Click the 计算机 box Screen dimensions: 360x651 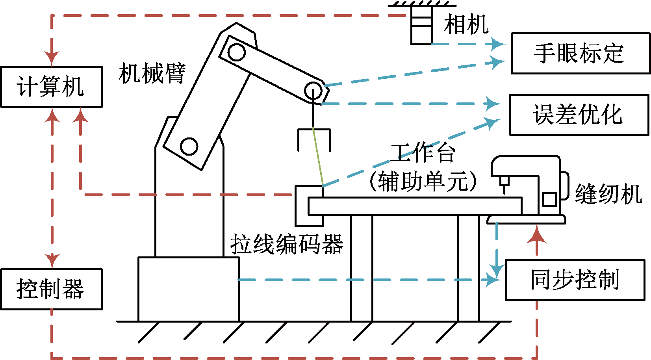point(51,87)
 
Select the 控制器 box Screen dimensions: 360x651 point(51,289)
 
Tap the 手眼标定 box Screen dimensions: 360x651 point(580,53)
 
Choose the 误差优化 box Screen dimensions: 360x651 point(579,115)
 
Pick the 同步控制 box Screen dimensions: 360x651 point(575,280)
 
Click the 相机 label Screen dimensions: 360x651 point(466,24)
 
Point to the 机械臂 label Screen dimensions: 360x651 point(152,73)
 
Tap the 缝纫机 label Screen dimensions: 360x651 point(608,194)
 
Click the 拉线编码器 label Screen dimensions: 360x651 point(287,244)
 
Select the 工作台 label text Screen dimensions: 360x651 point(423,153)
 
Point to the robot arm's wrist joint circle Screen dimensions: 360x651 point(313,91)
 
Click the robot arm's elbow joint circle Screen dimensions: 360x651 point(236,52)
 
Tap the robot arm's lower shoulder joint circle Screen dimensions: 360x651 point(189,147)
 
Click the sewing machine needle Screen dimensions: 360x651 point(504,185)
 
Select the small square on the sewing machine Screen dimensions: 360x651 point(549,199)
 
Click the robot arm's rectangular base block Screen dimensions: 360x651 point(189,289)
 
